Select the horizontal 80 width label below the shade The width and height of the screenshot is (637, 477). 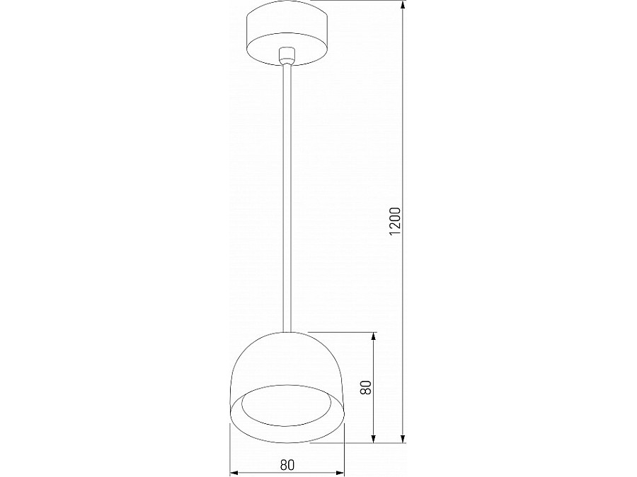coord(287,464)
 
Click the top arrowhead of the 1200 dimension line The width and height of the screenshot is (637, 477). coord(403,6)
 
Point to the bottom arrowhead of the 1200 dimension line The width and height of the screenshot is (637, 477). coord(403,440)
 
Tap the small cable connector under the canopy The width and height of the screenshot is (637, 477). coord(287,54)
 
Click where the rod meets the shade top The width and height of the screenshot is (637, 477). coord(287,331)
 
